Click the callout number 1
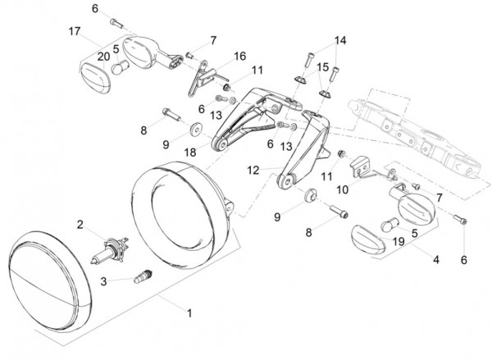(x=189, y=313)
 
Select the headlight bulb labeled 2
(x=110, y=250)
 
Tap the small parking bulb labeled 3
(x=143, y=276)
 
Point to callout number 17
(x=75, y=31)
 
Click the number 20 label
(x=103, y=57)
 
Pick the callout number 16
(x=239, y=57)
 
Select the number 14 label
(x=340, y=40)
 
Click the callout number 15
(x=322, y=67)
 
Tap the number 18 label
(x=190, y=153)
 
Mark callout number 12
(x=253, y=171)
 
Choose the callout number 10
(x=342, y=190)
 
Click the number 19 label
(x=399, y=242)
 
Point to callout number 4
(x=436, y=260)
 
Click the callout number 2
(x=80, y=225)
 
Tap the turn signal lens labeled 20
(x=95, y=78)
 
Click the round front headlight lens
(x=50, y=281)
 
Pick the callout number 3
(x=103, y=281)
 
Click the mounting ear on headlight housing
(x=230, y=208)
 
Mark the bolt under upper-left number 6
(x=116, y=23)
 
